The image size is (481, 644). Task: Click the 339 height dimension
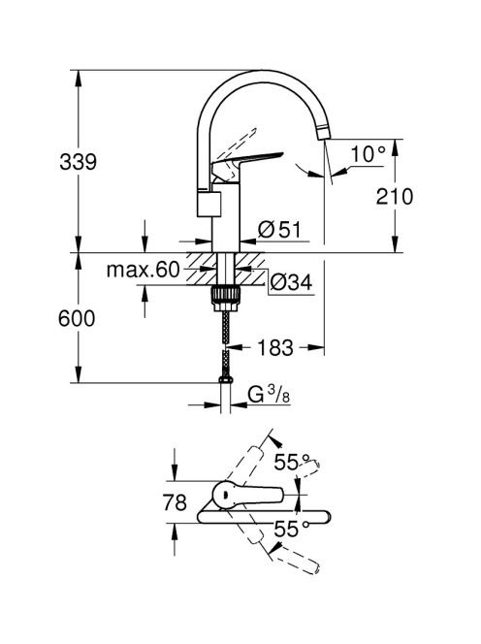pyautogui.click(x=78, y=162)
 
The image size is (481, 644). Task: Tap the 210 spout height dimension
pyautogui.click(x=395, y=197)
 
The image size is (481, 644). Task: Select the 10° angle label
pyautogui.click(x=369, y=154)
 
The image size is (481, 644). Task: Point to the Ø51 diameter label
pyautogui.click(x=279, y=229)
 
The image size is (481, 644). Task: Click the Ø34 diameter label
pyautogui.click(x=292, y=282)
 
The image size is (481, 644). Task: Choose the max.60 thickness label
pyautogui.click(x=143, y=270)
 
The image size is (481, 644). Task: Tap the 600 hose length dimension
pyautogui.click(x=77, y=318)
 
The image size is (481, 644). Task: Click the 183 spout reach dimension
pyautogui.click(x=275, y=348)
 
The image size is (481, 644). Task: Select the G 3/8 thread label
pyautogui.click(x=269, y=395)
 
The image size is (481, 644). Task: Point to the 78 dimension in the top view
pyautogui.click(x=175, y=502)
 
